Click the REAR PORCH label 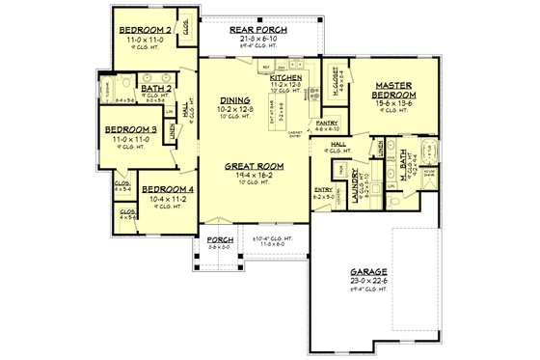pos(255,31)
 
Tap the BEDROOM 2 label pos(146,30)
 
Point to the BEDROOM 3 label pos(130,128)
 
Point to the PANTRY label pos(327,124)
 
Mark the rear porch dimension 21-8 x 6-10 pos(255,40)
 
